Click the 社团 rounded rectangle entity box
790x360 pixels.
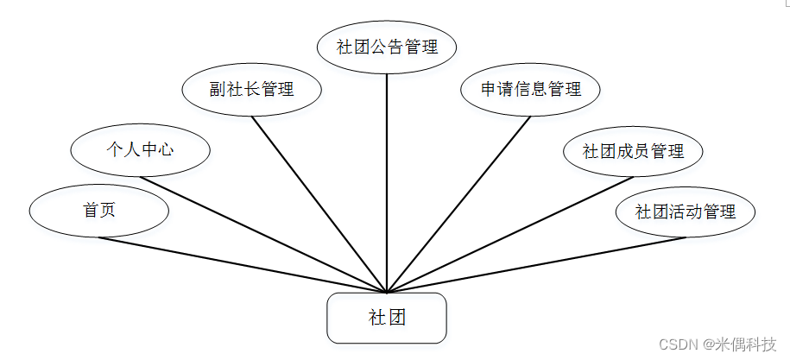[386, 318]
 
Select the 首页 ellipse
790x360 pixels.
[98, 211]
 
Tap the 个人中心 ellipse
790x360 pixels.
[140, 149]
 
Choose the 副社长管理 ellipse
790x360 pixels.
[252, 89]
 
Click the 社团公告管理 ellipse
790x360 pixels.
[386, 47]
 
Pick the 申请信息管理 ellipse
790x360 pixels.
[530, 89]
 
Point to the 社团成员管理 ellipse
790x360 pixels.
[633, 151]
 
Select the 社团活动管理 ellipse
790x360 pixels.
[686, 212]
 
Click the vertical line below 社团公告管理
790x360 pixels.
[386, 173]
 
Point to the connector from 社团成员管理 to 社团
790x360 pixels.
[509, 232]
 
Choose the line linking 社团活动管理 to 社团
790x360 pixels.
[535, 263]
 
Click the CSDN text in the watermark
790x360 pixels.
[678, 344]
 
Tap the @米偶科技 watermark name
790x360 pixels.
[739, 344]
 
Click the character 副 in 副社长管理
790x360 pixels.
[217, 89]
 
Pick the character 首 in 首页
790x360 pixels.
[91, 211]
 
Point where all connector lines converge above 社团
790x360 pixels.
[387, 292]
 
